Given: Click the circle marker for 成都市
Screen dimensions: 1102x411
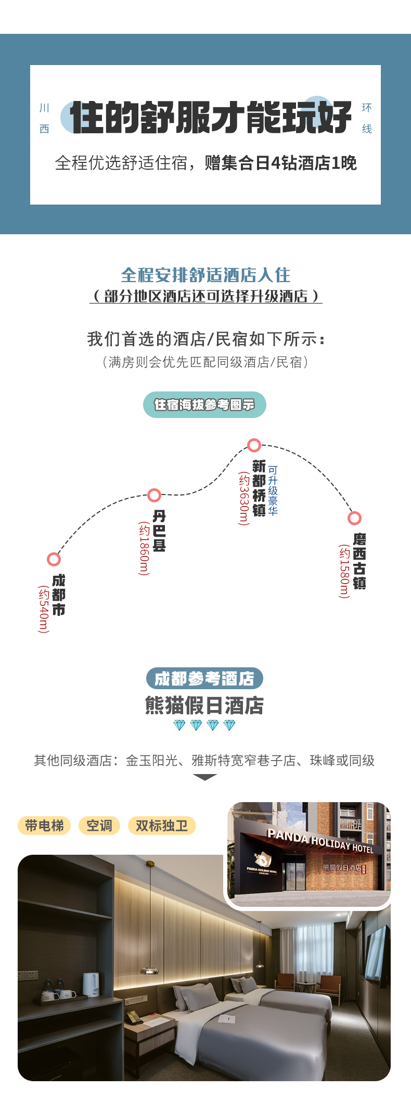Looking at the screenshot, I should (54, 559).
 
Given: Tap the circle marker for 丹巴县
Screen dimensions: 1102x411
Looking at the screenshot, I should (154, 495).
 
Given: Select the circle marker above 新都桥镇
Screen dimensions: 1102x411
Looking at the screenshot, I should (254, 445).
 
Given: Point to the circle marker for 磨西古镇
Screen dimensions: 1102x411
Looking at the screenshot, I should (354, 518).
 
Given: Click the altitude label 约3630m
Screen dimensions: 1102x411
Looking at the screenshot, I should (243, 499).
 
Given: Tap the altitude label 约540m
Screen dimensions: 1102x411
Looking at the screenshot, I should (43, 609).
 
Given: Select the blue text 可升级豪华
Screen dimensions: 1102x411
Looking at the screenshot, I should (273, 490).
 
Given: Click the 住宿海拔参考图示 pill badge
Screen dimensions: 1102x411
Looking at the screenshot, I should (204, 404).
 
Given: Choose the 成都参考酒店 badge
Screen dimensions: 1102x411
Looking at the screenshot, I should (204, 678).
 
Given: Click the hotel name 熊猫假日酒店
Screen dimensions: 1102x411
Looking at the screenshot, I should (204, 705).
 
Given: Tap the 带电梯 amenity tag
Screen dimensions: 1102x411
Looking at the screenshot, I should (44, 826).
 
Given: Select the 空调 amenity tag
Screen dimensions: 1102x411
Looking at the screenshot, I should (99, 826).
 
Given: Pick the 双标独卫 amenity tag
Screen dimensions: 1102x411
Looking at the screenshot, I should (162, 826).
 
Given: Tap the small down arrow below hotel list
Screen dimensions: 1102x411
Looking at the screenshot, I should (205, 777).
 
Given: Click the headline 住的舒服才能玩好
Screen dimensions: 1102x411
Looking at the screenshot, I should (211, 117).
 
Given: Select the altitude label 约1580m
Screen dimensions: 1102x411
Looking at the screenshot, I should (344, 571).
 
